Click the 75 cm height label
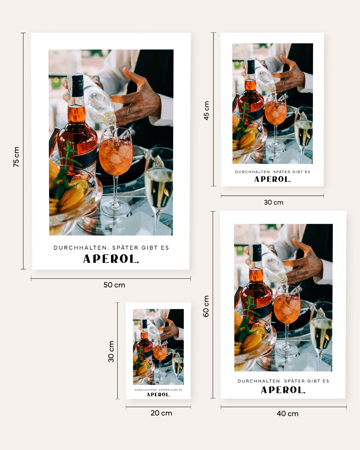coord(16,157)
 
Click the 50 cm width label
coord(114,285)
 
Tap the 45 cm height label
coord(206,111)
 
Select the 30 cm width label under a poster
coord(274,202)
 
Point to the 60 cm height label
coord(206,306)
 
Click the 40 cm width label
coord(287,414)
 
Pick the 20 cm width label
coord(161,413)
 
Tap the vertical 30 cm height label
coord(111,351)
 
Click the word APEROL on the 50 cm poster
coord(111,259)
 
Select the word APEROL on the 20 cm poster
coord(158,395)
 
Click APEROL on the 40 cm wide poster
coord(283,390)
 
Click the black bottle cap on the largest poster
coord(77,85)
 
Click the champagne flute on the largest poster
coord(159,186)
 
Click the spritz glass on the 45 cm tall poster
coord(275,112)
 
